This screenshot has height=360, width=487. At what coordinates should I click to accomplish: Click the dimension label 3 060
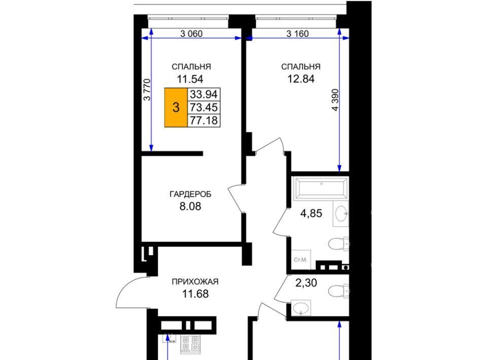(191, 33)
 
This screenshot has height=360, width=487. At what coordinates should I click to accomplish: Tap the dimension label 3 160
(298, 33)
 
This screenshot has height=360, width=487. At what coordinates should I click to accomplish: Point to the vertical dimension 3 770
(147, 90)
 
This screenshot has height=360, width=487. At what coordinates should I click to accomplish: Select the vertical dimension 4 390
(335, 100)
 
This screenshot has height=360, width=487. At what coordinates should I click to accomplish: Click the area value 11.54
(190, 79)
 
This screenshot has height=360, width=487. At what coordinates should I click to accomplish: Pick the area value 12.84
(301, 79)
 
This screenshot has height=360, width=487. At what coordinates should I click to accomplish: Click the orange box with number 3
(176, 107)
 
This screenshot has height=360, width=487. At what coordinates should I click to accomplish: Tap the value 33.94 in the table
(204, 94)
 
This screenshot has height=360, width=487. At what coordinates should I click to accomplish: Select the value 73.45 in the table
(204, 107)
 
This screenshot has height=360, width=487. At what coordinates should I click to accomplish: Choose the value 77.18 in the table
(204, 120)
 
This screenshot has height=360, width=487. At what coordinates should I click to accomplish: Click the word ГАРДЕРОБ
(190, 194)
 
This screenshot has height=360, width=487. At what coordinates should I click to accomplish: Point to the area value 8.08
(190, 206)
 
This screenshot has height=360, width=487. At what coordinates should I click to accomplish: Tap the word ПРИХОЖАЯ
(195, 282)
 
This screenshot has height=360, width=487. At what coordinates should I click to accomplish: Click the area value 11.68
(195, 294)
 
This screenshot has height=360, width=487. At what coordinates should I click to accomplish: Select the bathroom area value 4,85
(311, 213)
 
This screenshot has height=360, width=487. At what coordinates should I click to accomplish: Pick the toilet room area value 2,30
(306, 283)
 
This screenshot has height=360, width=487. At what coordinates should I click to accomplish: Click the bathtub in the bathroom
(321, 188)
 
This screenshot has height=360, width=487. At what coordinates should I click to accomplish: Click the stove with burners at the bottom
(190, 344)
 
